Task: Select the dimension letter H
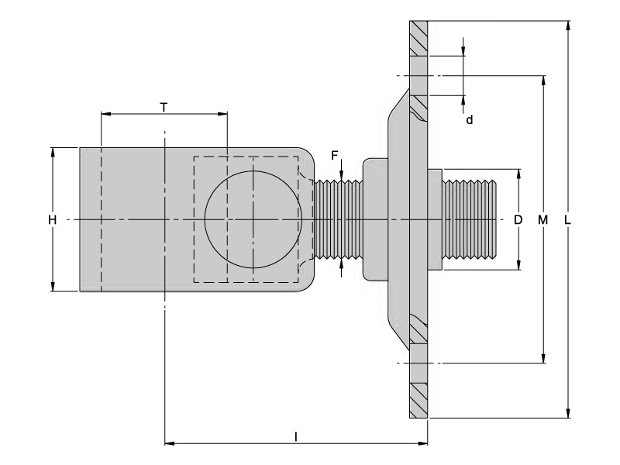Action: (52, 221)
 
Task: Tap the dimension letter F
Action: (335, 156)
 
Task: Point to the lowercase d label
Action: (469, 120)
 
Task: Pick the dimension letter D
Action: (518, 221)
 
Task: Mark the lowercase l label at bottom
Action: (296, 437)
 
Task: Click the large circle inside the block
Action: (252, 220)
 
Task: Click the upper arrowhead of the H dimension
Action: (53, 152)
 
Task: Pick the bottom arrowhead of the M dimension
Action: (543, 357)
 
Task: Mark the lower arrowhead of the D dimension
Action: (518, 265)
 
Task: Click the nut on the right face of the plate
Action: (434, 220)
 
